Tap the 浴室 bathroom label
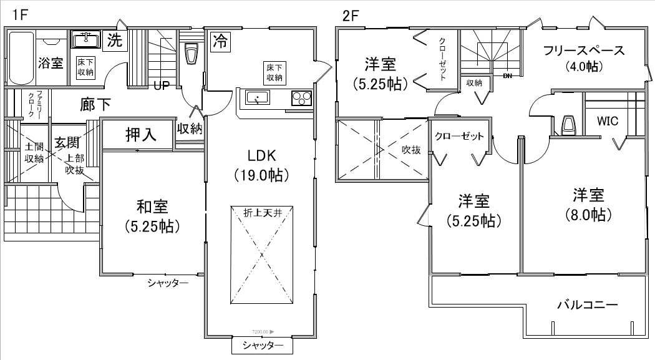click(x=51, y=62)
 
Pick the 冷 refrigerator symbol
click(x=220, y=41)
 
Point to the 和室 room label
click(x=152, y=205)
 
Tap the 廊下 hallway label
click(x=96, y=104)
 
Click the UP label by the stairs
click(x=161, y=86)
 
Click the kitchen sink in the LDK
click(x=257, y=99)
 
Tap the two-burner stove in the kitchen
click(x=301, y=99)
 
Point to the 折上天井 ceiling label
click(x=263, y=213)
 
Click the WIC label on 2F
click(x=607, y=121)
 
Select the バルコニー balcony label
click(x=587, y=305)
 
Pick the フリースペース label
click(x=583, y=51)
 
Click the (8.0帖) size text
click(x=589, y=215)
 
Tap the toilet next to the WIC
click(x=568, y=125)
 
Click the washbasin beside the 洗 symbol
click(x=85, y=41)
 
